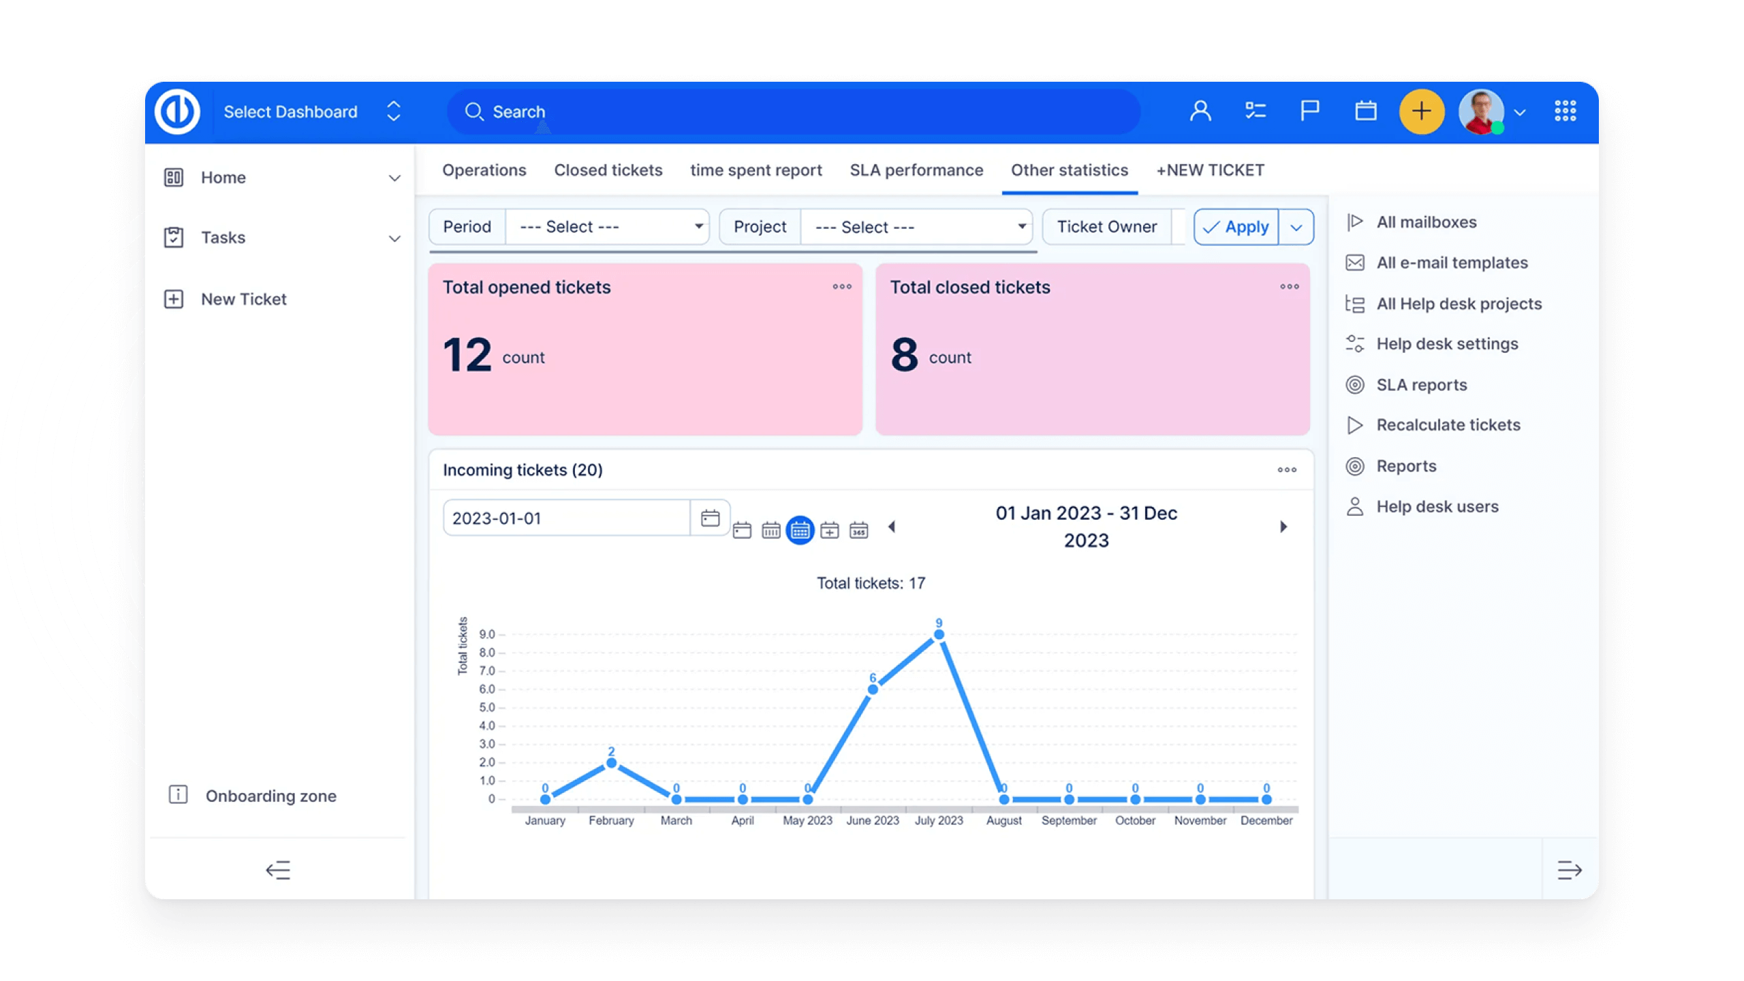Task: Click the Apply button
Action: point(1236,227)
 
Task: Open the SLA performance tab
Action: point(916,170)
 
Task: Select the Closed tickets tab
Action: point(608,170)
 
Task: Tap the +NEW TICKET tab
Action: point(1210,170)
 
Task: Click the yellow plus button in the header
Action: point(1421,112)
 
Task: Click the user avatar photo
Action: point(1481,112)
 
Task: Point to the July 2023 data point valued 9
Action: point(939,635)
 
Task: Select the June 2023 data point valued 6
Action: point(873,689)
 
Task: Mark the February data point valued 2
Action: point(611,763)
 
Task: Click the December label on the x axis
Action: point(1266,821)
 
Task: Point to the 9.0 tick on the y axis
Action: point(487,634)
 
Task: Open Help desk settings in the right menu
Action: point(1447,344)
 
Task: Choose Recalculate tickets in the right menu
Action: point(1448,425)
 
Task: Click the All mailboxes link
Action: point(1427,222)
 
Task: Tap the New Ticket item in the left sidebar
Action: point(243,299)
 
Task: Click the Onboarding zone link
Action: point(270,796)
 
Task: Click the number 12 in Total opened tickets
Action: point(467,355)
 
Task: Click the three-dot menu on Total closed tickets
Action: point(1289,287)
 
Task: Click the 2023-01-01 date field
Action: point(565,518)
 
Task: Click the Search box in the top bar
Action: point(794,112)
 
